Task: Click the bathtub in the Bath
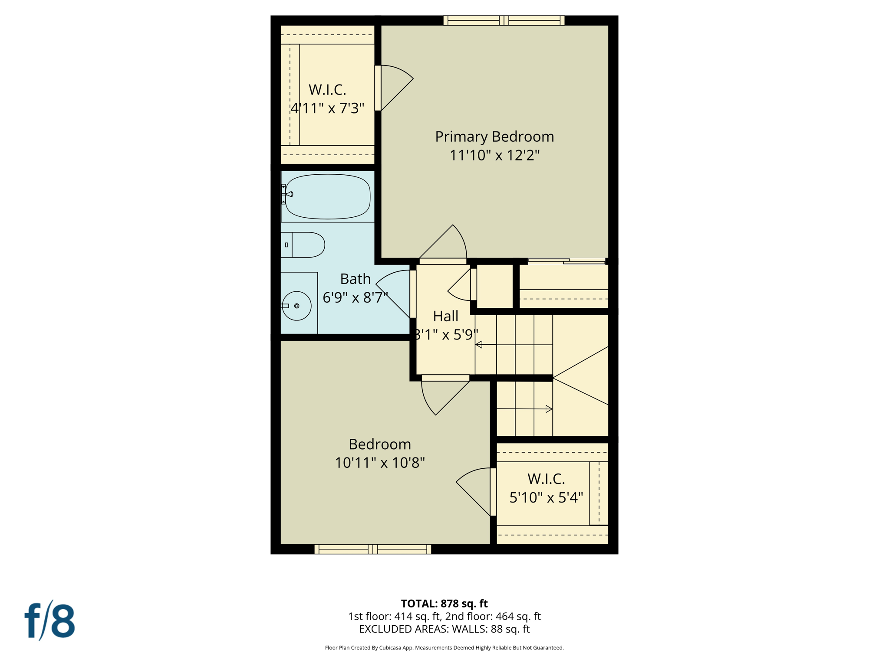328,196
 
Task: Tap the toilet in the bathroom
303,245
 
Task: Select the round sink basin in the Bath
296,306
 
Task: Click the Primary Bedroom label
494,137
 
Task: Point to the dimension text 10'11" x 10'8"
379,463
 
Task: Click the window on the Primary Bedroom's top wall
504,20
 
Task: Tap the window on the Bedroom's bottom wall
372,549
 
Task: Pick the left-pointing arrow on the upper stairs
479,345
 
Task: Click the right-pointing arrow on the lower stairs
549,409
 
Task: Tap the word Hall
445,316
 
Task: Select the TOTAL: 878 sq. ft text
444,604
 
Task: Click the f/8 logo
49,620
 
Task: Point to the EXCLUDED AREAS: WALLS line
444,629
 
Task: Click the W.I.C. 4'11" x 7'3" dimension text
327,108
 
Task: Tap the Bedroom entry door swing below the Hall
443,396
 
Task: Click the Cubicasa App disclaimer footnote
444,648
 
